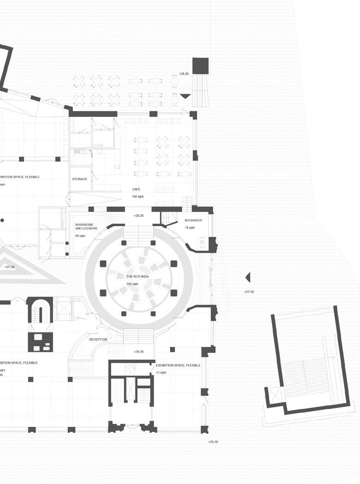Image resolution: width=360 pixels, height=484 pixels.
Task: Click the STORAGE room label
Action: click(79, 179)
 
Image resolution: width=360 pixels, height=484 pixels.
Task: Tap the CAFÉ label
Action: click(136, 190)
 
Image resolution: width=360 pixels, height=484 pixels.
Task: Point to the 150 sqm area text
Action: click(138, 197)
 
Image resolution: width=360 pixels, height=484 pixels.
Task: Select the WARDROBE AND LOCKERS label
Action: click(86, 227)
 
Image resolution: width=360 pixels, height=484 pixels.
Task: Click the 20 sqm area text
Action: click(80, 236)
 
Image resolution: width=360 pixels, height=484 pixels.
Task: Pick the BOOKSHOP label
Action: click(193, 221)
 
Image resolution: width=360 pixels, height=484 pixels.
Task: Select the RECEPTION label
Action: click(98, 340)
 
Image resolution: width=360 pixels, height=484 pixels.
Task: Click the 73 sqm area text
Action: click(161, 372)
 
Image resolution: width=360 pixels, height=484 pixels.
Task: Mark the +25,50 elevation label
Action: click(212, 442)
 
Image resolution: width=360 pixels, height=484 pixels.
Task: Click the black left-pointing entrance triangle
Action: click(248, 277)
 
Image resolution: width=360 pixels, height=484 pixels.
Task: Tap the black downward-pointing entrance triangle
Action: click(185, 96)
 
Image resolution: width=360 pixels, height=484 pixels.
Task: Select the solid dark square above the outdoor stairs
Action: click(200, 66)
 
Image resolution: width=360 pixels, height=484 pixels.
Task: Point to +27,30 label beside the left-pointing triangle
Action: click(249, 292)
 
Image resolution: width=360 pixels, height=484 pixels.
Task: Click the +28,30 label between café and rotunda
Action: click(138, 215)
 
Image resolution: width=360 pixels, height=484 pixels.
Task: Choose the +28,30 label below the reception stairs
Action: click(138, 352)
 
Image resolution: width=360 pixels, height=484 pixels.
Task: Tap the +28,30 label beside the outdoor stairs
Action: click(184, 73)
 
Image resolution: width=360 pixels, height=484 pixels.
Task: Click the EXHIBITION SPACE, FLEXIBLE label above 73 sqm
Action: click(178, 365)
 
